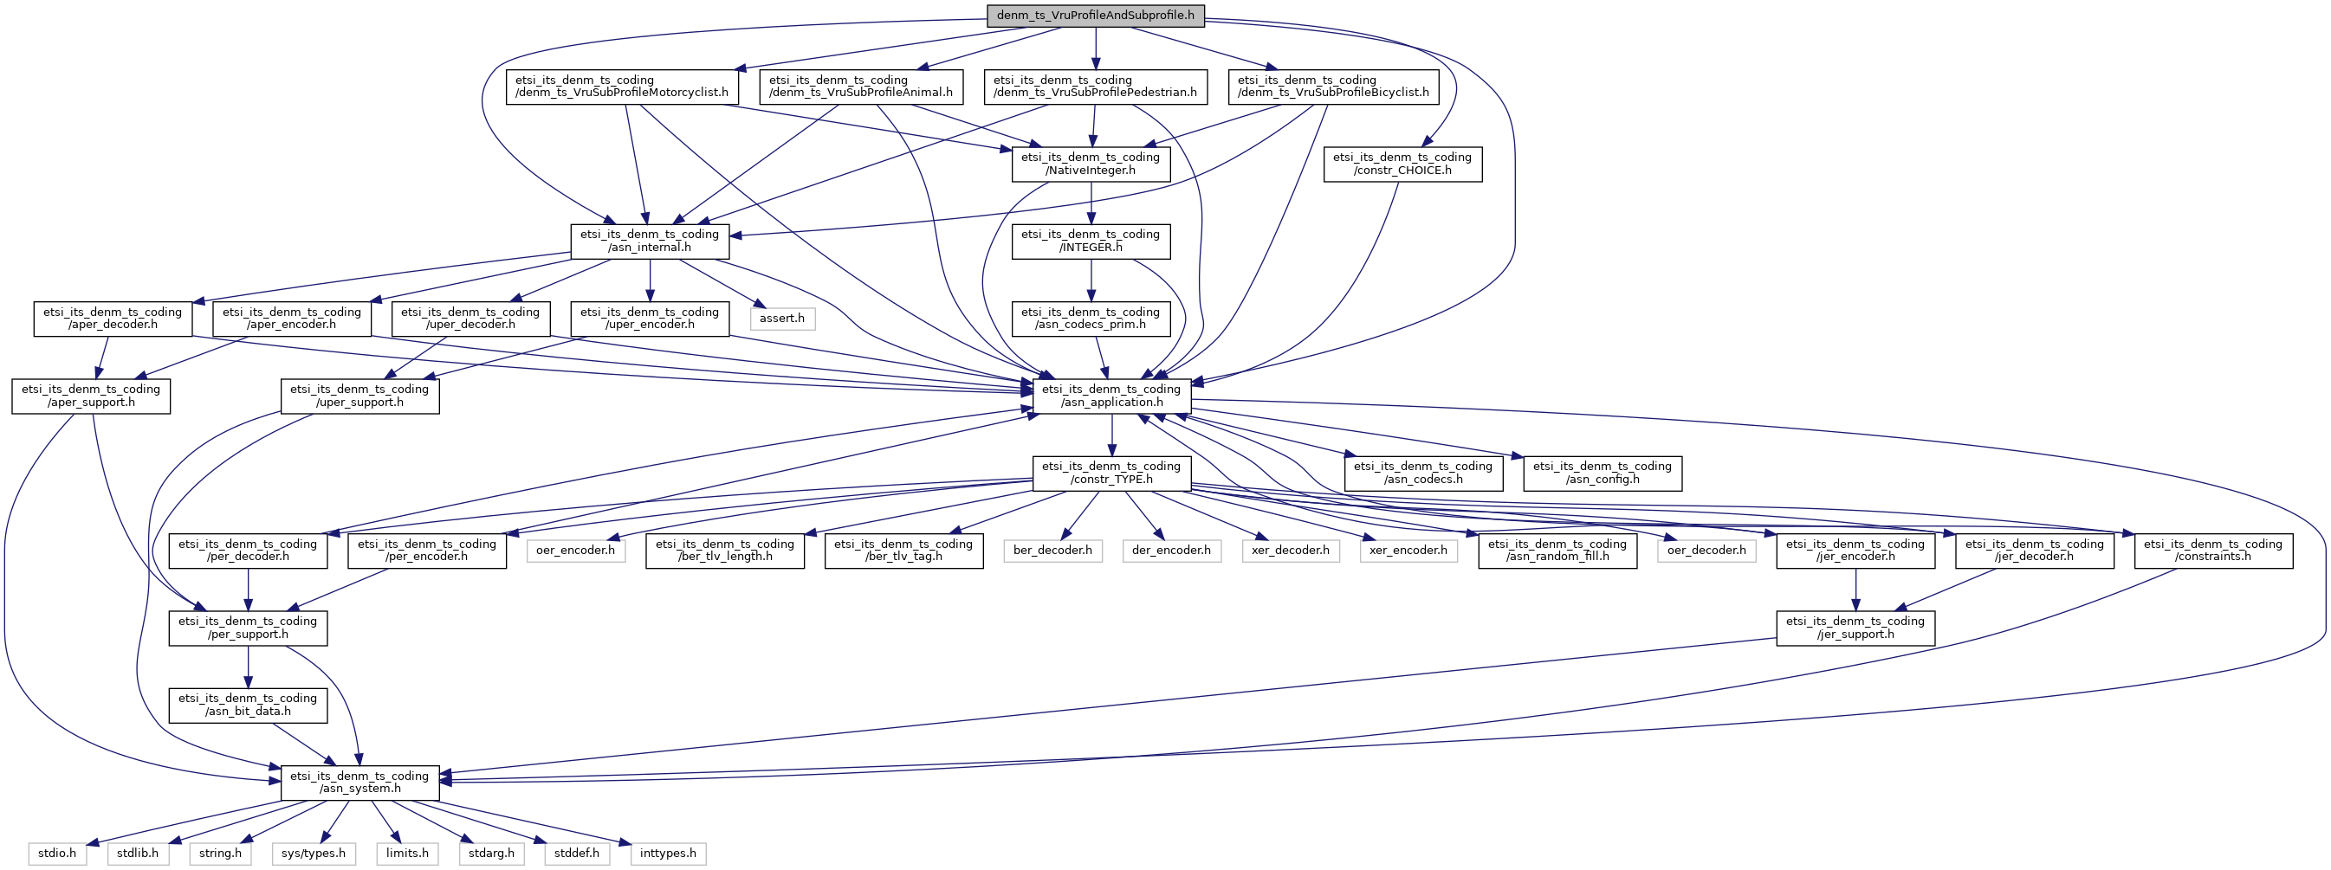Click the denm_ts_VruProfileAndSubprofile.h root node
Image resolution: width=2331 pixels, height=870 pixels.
coord(1095,16)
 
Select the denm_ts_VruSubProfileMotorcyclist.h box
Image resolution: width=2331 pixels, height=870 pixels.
coord(622,87)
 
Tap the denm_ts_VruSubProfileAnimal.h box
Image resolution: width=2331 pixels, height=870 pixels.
coord(860,87)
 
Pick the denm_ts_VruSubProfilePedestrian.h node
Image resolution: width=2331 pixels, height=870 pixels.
coord(1095,87)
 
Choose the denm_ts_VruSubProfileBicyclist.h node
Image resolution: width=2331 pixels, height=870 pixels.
coord(1333,87)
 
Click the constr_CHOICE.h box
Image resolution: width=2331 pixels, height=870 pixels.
coord(1402,164)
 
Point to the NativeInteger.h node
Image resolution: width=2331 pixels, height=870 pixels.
coord(1091,164)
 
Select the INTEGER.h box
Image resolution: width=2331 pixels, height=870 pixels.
coord(1091,241)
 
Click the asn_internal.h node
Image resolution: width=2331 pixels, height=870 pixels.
coord(650,241)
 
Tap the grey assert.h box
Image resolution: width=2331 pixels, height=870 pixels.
coord(782,319)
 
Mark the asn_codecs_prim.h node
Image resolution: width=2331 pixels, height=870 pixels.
coord(1091,319)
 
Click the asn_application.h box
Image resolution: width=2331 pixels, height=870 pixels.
coord(1111,396)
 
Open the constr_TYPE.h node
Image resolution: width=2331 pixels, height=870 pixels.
coord(1111,473)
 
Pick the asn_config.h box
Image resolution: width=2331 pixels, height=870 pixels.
coord(1602,473)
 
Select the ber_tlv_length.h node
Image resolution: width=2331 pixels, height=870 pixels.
coord(725,551)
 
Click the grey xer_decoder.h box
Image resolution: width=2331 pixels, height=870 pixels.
coord(1291,551)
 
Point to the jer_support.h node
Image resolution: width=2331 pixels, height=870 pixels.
coord(1855,628)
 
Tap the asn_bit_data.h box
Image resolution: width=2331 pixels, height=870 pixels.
coord(248,706)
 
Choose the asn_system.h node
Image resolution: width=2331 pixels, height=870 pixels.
coord(359,783)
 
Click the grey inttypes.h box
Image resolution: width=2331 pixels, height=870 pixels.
coord(668,854)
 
